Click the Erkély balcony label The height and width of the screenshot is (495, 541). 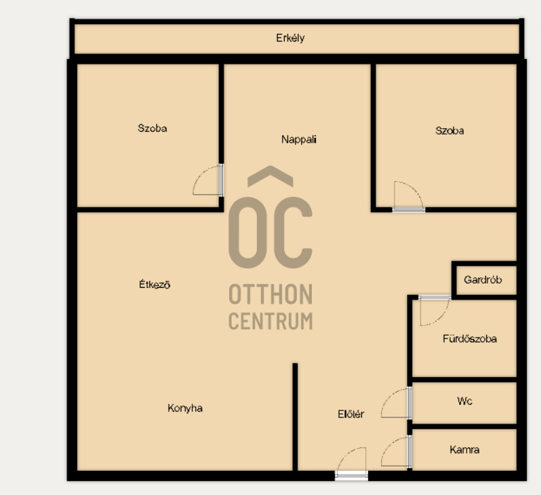290,38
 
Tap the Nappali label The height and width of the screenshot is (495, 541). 299,139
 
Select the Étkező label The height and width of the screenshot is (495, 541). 155,284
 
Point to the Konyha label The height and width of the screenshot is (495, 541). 185,408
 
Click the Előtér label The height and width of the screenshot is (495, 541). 351,414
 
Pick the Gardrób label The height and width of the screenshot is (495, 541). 483,279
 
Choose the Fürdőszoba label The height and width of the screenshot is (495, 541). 469,339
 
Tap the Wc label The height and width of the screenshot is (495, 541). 465,401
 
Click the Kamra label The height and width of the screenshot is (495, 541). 465,450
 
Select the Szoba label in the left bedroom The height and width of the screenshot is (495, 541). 152,128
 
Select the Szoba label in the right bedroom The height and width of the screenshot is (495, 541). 449,131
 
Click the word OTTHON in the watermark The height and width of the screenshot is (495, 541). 271,295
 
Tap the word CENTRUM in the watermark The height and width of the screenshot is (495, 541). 271,321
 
